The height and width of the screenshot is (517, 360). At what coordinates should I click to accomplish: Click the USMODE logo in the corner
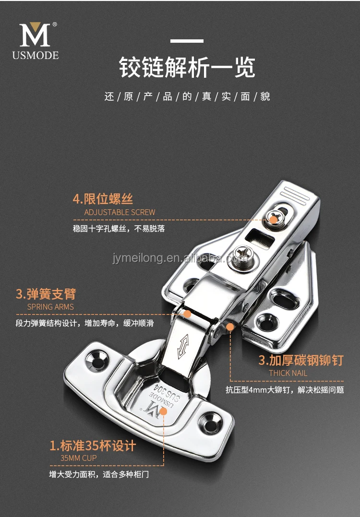tap(36, 41)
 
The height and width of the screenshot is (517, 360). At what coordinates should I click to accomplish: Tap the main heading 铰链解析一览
tap(187, 68)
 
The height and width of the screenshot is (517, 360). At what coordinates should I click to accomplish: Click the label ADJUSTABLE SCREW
tap(120, 212)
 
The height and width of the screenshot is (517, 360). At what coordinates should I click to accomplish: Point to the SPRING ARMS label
tap(50, 307)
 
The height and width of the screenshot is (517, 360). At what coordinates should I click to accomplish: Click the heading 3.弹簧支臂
tap(46, 293)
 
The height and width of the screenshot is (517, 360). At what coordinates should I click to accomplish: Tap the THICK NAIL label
tap(288, 373)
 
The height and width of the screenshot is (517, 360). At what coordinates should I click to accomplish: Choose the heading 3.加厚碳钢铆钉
tap(301, 360)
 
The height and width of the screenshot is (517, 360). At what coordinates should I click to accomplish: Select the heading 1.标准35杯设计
tap(93, 445)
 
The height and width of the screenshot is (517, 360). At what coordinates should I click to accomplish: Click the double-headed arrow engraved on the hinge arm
tap(184, 347)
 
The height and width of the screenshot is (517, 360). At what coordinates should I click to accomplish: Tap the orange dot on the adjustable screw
tap(274, 220)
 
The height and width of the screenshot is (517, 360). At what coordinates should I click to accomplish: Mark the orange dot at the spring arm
tap(188, 314)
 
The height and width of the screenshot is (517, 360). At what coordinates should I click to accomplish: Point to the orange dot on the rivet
tap(230, 327)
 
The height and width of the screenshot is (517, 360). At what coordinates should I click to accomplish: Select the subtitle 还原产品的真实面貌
tap(187, 96)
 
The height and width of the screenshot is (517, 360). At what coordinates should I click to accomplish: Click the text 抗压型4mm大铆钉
tap(257, 390)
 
